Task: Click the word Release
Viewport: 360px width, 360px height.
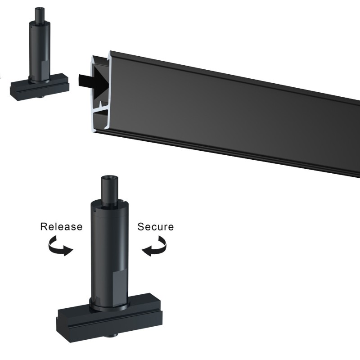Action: [x=61, y=226]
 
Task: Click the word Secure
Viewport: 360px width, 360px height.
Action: [x=156, y=226]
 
